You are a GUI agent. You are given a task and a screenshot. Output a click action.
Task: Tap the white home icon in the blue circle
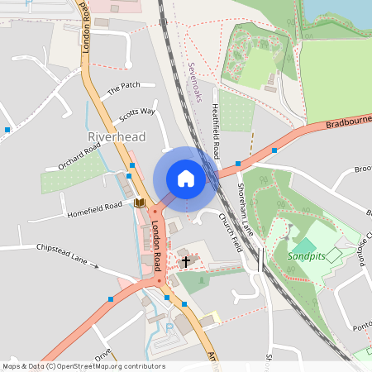pyautogui.click(x=186, y=178)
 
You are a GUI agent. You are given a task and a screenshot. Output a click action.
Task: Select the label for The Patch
pyautogui.click(x=125, y=86)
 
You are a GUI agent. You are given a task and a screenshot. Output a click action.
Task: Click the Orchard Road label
pyautogui.click(x=79, y=155)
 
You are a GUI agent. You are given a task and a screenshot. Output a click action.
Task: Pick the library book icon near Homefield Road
pyautogui.click(x=139, y=203)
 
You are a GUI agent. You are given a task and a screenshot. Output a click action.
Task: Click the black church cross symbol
pyautogui.click(x=186, y=262)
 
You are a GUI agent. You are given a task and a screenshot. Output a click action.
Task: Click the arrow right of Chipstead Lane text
pyautogui.click(x=94, y=266)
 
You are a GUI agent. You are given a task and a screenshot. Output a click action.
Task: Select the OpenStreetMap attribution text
pyautogui.click(x=83, y=366)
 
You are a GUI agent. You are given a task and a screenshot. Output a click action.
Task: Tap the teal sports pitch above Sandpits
pyautogui.click(x=303, y=246)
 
